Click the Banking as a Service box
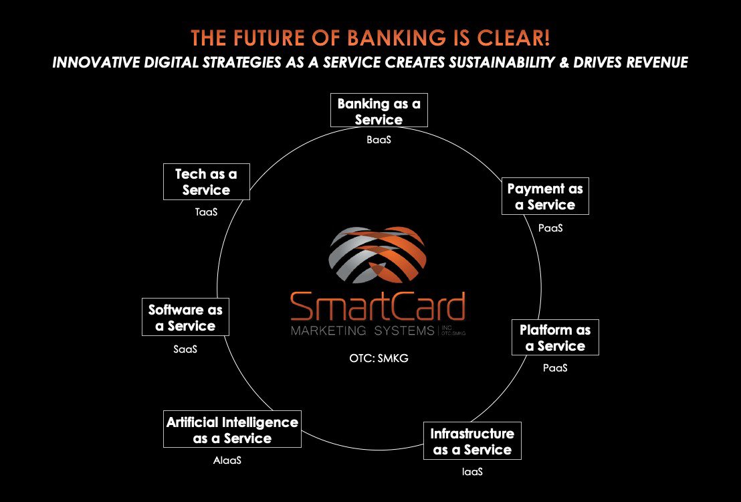tap(379, 111)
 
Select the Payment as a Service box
tap(545, 197)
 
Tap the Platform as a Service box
tap(555, 337)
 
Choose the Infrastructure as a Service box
tap(472, 441)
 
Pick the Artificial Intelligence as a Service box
tap(232, 430)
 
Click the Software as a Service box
tap(185, 318)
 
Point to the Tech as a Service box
tap(206, 181)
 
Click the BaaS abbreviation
tap(379, 140)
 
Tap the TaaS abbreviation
tap(206, 212)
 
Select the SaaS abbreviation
tap(185, 349)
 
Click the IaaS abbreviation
tap(471, 471)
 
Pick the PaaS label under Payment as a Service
tap(550, 228)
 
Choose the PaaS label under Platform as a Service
tap(555, 367)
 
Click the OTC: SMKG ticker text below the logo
tap(379, 358)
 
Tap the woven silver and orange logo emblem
tap(378, 256)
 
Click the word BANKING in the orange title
tap(358, 37)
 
